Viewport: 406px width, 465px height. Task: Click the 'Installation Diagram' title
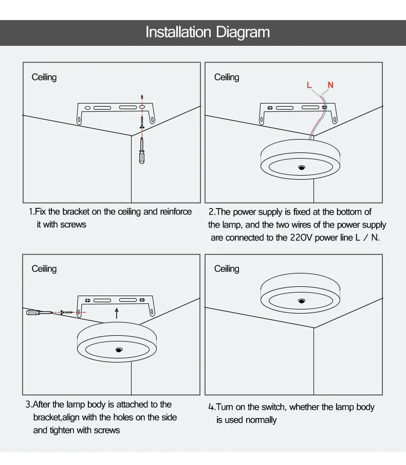[x=208, y=32]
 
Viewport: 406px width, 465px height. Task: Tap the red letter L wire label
[x=309, y=85]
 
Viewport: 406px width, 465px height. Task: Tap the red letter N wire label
[x=330, y=85]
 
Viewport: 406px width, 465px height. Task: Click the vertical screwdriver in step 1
[x=142, y=151]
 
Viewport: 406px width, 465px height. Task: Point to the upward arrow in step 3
[x=117, y=313]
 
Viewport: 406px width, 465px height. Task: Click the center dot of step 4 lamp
[x=301, y=300]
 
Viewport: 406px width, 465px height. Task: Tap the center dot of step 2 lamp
[x=301, y=168]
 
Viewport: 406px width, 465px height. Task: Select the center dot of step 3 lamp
[x=119, y=350]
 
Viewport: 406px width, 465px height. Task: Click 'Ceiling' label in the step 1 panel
[x=44, y=77]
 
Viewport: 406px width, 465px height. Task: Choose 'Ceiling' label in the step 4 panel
[x=227, y=269]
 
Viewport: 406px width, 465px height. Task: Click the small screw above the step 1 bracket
[x=142, y=97]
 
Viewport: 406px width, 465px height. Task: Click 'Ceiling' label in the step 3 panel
[x=44, y=269]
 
